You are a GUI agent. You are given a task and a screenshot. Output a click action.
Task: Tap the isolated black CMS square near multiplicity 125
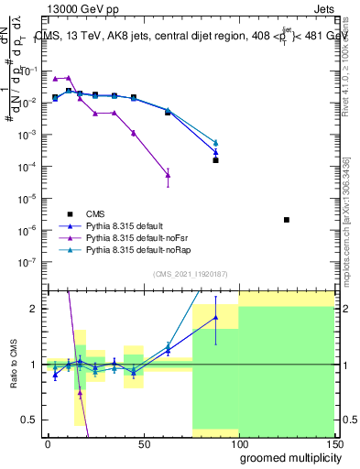[x=287, y=220]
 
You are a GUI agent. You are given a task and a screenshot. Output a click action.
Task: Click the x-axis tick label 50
[x=143, y=444]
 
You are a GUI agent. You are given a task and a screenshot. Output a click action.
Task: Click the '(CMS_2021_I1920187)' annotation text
[x=191, y=274]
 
